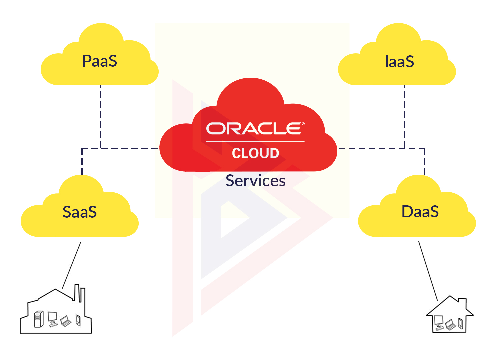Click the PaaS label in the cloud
100,61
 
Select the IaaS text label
399,61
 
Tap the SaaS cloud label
80,212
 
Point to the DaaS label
420,212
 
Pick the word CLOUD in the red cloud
255,153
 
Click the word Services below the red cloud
256,181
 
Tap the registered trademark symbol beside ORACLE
303,124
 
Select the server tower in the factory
39,319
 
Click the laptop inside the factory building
66,321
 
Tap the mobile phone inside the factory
78,320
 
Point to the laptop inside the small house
450,325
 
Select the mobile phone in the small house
460,323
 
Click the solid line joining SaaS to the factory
72,265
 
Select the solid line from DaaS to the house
428,271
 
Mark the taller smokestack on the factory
77,292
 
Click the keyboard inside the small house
440,328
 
